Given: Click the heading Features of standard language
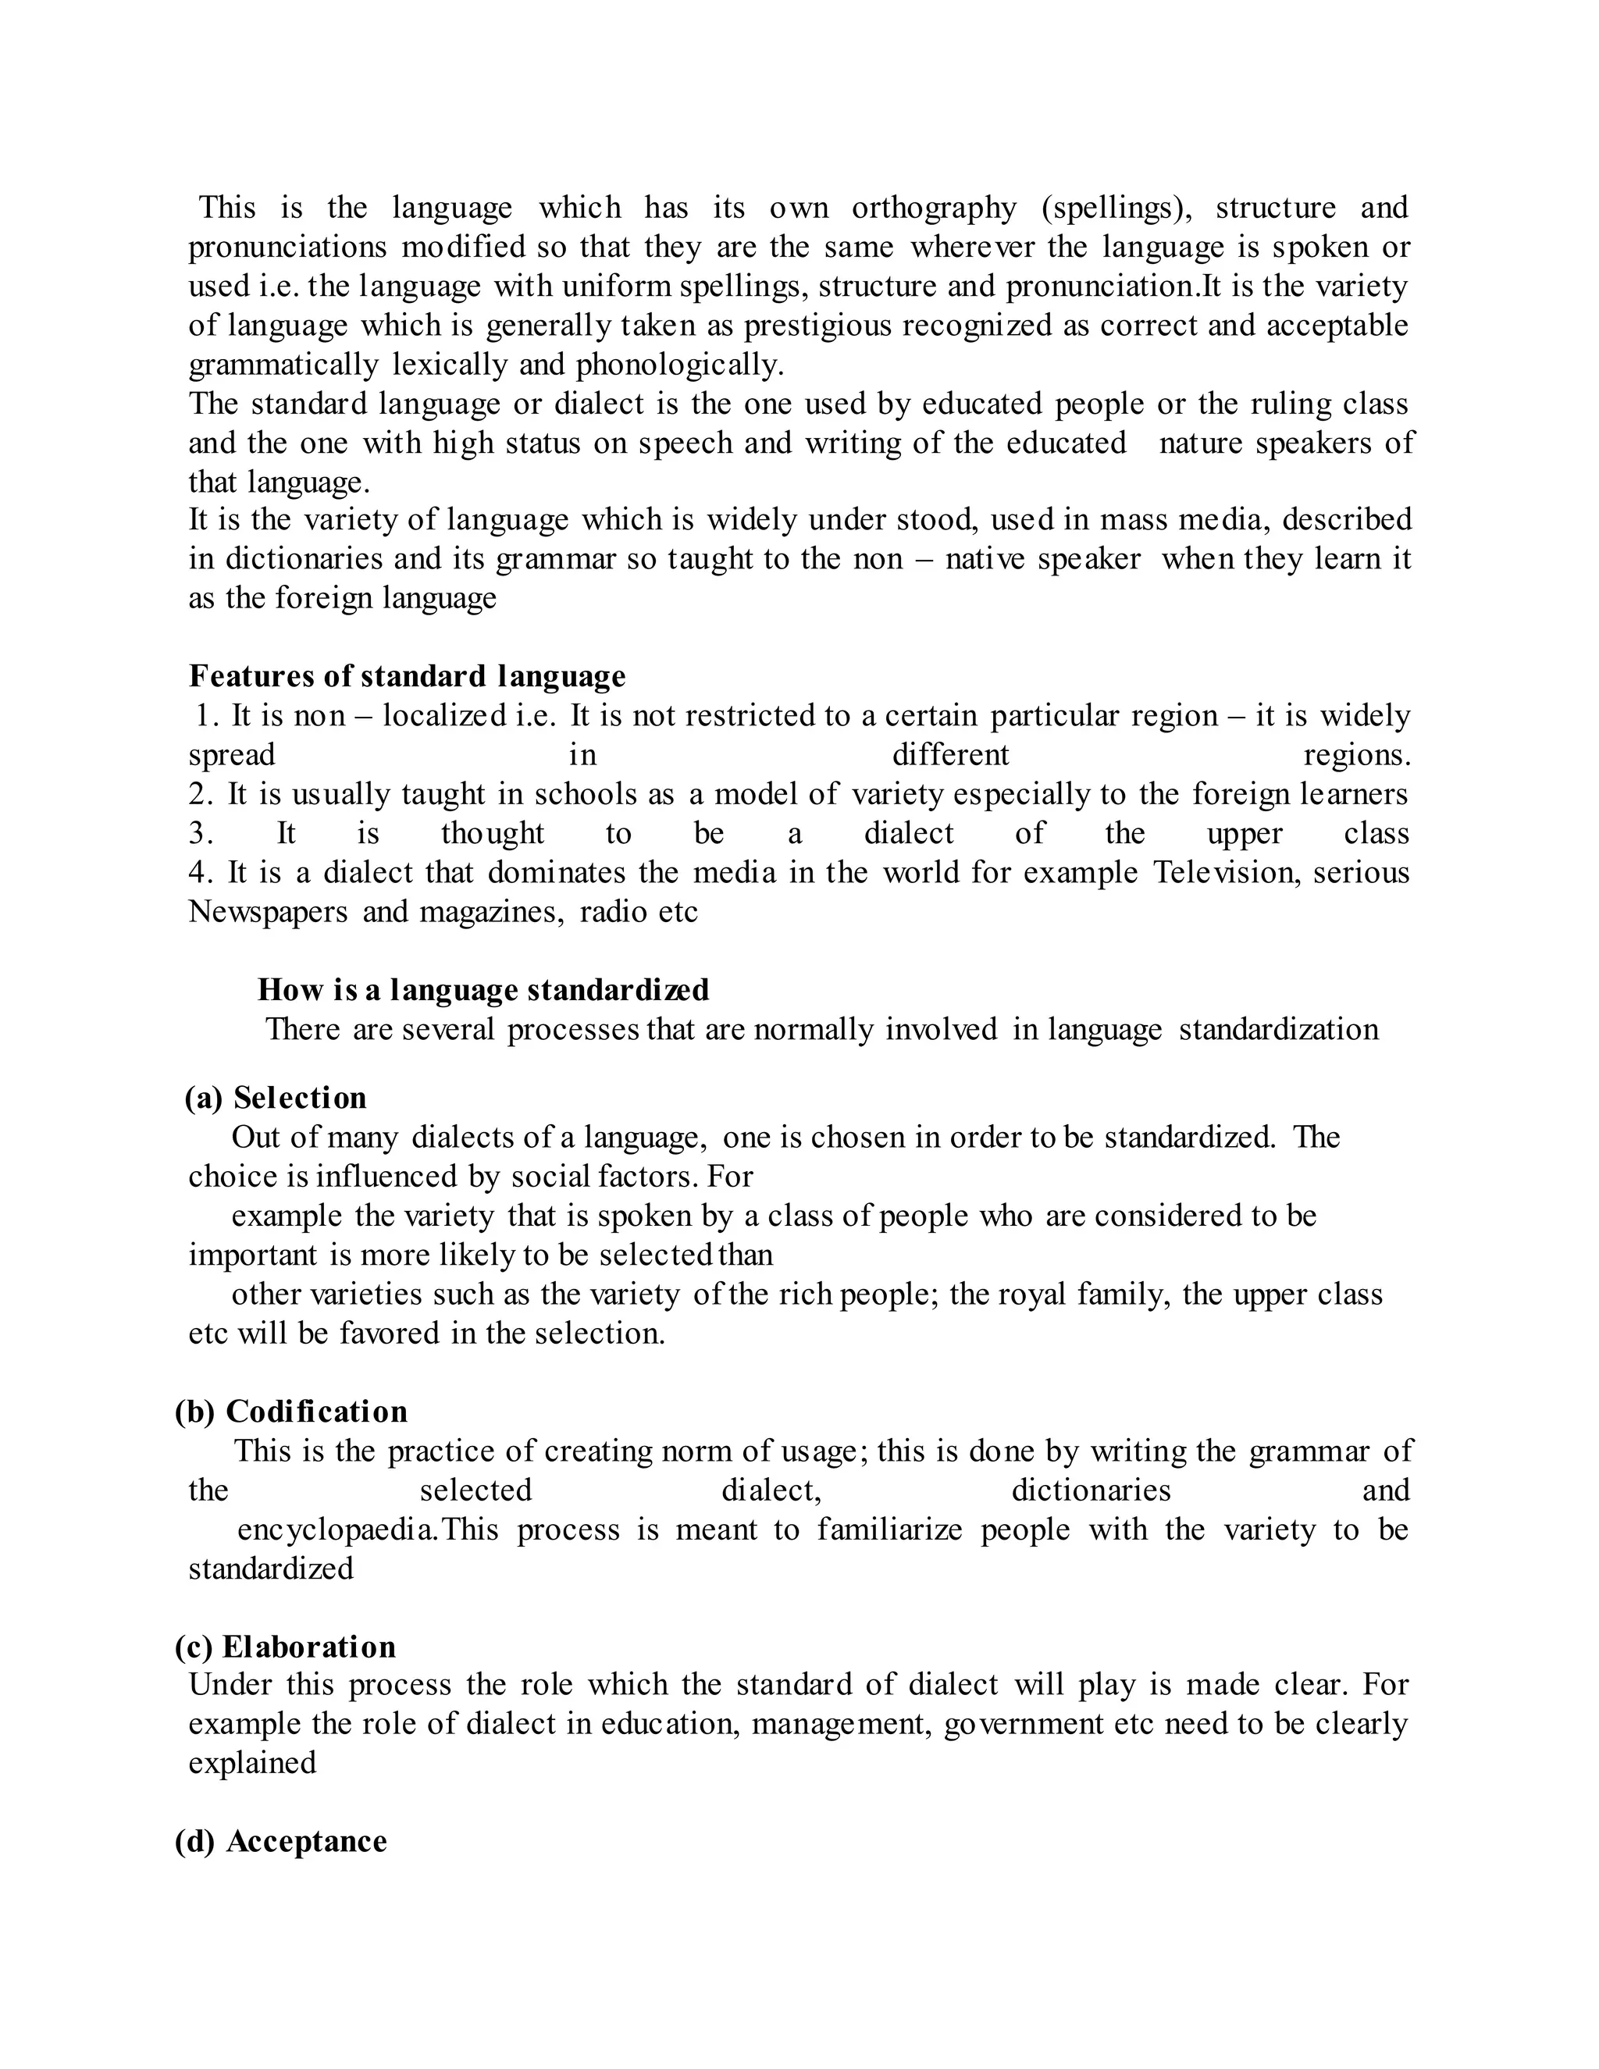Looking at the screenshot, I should coord(408,676).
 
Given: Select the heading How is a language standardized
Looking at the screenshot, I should coord(483,990).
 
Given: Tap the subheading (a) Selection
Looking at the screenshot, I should coord(276,1098).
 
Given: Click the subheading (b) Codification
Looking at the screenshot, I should coord(290,1412).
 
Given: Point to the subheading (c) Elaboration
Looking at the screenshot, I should coord(285,1647).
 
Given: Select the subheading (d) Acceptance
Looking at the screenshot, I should coord(281,1841).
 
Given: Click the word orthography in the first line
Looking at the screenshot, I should coord(933,208).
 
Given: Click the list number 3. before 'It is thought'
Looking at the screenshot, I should coord(200,834).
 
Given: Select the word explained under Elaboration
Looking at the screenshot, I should coord(252,1763).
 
